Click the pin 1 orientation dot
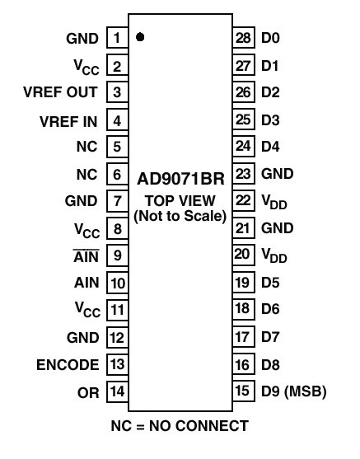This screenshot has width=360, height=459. pyautogui.click(x=140, y=37)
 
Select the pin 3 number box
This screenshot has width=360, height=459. pyautogui.click(x=117, y=92)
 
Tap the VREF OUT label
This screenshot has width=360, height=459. pyautogui.click(x=60, y=92)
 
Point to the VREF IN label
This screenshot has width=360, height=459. pyautogui.click(x=68, y=121)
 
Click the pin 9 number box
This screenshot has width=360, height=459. pyautogui.click(x=117, y=255)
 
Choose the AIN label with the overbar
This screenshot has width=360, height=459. pyautogui.click(x=86, y=256)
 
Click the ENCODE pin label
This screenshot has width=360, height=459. pyautogui.click(x=68, y=365)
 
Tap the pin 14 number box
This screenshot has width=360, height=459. pyautogui.click(x=117, y=391)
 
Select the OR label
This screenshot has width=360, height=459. pyautogui.click(x=88, y=392)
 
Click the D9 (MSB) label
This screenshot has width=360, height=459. pyautogui.click(x=293, y=391)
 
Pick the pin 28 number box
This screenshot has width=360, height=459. pyautogui.click(x=244, y=37)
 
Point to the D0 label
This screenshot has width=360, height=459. pyautogui.click(x=270, y=38)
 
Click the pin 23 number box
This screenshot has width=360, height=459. pyautogui.click(x=244, y=174)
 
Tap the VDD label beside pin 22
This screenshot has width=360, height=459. pyautogui.click(x=274, y=202)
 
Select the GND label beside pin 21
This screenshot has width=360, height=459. pyautogui.click(x=277, y=228)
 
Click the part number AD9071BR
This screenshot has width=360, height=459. pyautogui.click(x=180, y=179)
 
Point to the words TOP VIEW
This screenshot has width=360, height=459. pyautogui.click(x=180, y=200)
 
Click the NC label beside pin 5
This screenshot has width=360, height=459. pyautogui.click(x=86, y=147)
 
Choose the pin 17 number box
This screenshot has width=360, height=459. pyautogui.click(x=244, y=337)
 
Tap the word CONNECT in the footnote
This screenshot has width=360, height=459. pyautogui.click(x=213, y=426)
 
